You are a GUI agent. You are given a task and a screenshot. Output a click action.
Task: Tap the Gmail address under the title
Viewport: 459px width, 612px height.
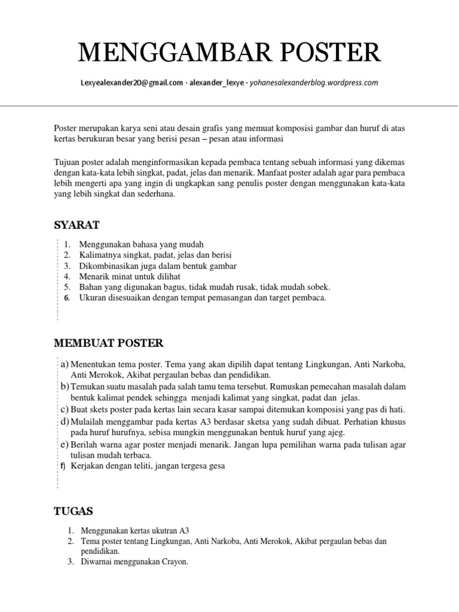coord(131,83)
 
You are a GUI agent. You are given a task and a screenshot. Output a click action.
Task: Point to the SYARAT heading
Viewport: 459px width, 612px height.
coord(76,225)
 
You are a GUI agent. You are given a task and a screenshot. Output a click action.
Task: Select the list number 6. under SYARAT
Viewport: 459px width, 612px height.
coord(67,298)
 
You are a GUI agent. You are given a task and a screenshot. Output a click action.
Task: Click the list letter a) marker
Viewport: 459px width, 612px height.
coord(64,364)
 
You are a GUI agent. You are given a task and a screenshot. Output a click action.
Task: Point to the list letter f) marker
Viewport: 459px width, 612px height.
coord(62,466)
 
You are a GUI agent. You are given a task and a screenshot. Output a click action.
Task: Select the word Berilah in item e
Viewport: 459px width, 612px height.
coord(84,445)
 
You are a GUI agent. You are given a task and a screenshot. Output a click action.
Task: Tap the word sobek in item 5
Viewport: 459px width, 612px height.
coord(317,287)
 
